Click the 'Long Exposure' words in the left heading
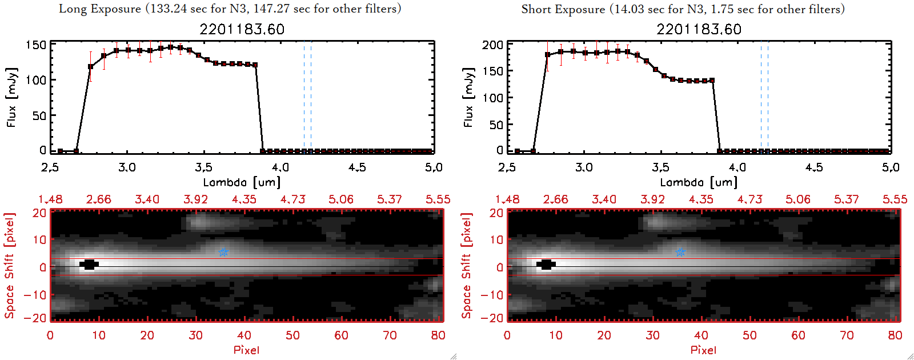100,9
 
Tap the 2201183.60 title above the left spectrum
242,29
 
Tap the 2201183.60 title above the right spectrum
699,29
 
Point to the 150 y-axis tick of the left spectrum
35,45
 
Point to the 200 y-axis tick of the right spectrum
492,45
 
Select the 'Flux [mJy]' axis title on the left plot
11,97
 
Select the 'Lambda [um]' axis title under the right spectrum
699,182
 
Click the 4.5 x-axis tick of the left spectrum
357,167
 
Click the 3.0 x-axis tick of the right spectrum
584,167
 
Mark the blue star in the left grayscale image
224,252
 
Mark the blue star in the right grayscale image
680,252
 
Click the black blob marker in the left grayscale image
90,264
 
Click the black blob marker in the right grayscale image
547,264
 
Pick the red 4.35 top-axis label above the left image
244,199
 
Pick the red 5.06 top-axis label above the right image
797,199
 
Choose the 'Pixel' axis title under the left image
246,350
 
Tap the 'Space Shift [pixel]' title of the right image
467,266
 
